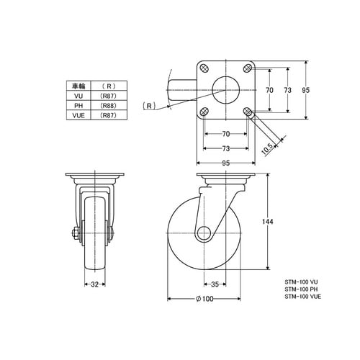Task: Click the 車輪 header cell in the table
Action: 78,86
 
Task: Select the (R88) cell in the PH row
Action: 108,105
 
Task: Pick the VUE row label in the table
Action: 78,115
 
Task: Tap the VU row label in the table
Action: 78,96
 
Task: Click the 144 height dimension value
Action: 267,221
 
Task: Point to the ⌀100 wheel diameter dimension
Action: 204,299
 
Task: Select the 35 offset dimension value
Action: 215,284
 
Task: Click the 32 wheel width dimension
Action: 95,284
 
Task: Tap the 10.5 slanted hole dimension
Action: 267,149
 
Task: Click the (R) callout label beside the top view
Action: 149,106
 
